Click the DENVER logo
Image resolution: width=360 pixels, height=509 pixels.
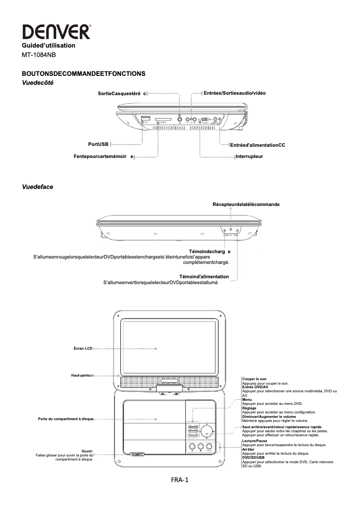(x=57, y=32)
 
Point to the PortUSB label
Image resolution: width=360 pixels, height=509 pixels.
(x=98, y=145)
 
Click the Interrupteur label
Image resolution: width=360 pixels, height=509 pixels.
(x=249, y=157)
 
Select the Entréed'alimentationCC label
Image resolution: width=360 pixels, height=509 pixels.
(x=257, y=145)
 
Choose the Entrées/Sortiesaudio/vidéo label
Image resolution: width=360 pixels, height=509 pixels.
(x=234, y=93)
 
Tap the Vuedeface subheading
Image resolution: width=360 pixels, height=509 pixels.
(x=38, y=187)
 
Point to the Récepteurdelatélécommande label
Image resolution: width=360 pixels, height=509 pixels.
(x=246, y=204)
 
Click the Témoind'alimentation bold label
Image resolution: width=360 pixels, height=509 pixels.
(x=204, y=276)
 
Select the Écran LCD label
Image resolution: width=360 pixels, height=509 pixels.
(x=83, y=348)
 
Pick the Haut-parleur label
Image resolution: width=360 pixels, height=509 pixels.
(x=82, y=375)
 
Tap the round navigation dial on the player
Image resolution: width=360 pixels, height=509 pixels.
(x=206, y=431)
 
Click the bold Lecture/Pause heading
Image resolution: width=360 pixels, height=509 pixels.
(x=255, y=441)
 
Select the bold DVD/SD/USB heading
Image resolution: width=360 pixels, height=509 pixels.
(x=253, y=457)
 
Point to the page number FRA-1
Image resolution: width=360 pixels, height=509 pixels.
(x=180, y=480)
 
